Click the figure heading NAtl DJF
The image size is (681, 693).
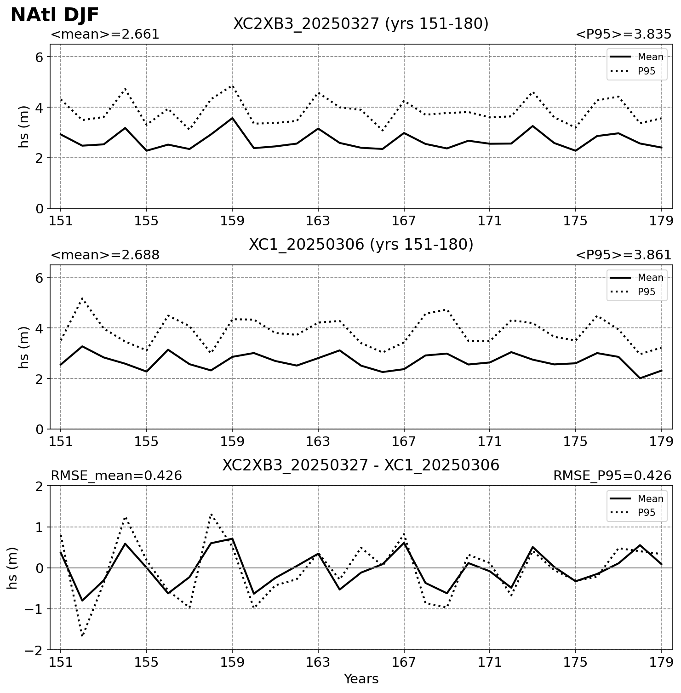pos(54,15)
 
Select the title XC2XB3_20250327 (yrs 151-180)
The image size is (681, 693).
pos(361,23)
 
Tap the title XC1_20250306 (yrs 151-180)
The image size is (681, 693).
pos(361,244)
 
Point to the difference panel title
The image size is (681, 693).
pos(361,465)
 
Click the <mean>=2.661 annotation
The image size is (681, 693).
pos(105,34)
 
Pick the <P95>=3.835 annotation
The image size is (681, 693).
pos(624,34)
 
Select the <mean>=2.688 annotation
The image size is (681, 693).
pos(105,255)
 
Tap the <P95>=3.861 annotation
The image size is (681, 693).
pos(624,255)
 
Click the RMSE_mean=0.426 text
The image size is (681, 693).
pos(116,476)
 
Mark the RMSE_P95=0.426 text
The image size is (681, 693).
pos(612,476)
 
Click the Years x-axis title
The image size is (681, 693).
pos(361,679)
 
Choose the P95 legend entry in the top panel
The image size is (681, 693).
pos(637,71)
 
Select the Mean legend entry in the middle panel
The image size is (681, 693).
pos(637,278)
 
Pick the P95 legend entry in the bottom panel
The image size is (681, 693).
pos(637,513)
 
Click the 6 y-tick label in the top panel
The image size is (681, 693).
pos(39,57)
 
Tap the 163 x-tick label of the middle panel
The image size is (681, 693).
pos(318,442)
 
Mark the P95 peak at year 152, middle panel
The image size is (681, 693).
pos(82,298)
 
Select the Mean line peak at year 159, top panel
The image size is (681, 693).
pos(232,118)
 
